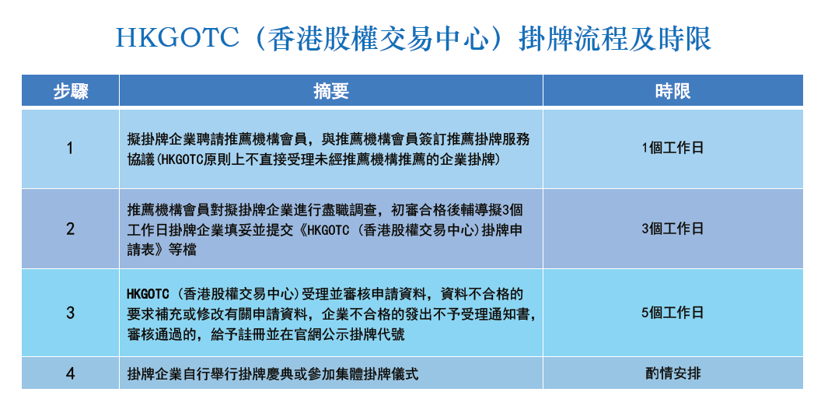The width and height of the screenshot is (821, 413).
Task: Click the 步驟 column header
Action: pos(70,91)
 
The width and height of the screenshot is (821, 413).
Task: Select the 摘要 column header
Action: pos(330,91)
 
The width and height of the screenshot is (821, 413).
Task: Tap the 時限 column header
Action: pos(673,91)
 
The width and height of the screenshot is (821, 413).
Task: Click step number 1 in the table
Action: pos(70,149)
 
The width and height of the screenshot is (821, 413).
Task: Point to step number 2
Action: pos(70,229)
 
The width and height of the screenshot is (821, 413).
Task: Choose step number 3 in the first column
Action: pos(70,313)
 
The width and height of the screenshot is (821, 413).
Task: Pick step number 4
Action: pos(70,373)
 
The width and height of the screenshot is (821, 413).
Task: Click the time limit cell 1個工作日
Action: pos(673,149)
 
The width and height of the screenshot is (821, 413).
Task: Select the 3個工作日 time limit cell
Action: pos(673,229)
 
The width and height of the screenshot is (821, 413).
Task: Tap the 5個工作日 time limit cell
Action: pos(673,313)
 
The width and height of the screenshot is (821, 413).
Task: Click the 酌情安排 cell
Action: pos(673,373)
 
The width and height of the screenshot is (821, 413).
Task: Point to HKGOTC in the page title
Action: pos(177,39)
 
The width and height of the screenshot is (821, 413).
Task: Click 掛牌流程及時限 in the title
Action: pos(615,39)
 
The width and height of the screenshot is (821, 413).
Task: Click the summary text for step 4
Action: pos(272,374)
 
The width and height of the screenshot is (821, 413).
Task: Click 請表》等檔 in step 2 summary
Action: pos(162,250)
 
